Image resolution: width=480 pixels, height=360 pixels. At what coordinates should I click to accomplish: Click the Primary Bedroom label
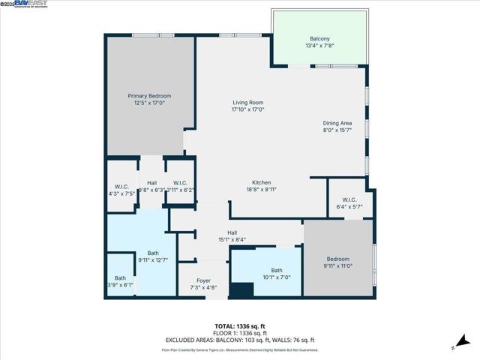click(x=149, y=96)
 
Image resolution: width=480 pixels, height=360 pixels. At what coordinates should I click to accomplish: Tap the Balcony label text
click(x=319, y=39)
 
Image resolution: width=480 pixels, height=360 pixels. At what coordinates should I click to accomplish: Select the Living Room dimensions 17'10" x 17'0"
click(x=247, y=109)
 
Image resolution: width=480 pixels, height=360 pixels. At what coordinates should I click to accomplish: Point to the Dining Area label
click(x=337, y=123)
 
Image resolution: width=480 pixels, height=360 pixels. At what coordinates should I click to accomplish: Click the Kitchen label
click(x=261, y=182)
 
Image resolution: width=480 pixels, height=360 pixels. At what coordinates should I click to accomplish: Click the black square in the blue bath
click(x=241, y=290)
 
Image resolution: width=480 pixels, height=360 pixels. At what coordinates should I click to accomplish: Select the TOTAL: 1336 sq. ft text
click(x=239, y=326)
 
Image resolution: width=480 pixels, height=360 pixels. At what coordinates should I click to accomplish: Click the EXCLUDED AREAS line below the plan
click(x=239, y=340)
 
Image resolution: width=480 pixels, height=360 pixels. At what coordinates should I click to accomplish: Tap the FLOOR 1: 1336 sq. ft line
click(x=239, y=333)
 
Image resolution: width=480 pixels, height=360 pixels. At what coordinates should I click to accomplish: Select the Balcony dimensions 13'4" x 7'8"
click(x=319, y=46)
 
